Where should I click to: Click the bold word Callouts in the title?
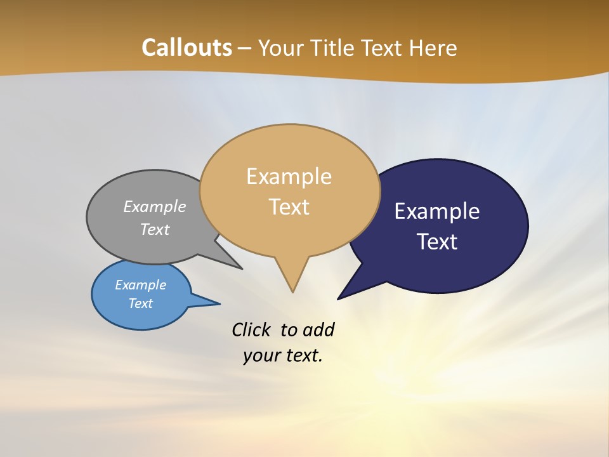coord(187,48)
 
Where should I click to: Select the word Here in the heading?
coord(433,48)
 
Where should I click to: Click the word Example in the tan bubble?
coord(289,176)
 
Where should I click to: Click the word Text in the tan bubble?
coord(289,207)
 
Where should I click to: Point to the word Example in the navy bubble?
coord(437,211)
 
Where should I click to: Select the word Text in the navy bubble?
coord(437,242)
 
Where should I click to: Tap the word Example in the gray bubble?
coord(155,207)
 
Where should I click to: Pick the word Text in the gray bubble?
coord(155,229)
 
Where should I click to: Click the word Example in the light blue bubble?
coord(140,285)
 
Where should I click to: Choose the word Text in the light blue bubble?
coord(140,303)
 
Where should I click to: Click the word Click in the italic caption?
coord(251,329)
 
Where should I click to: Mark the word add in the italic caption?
coord(318,329)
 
